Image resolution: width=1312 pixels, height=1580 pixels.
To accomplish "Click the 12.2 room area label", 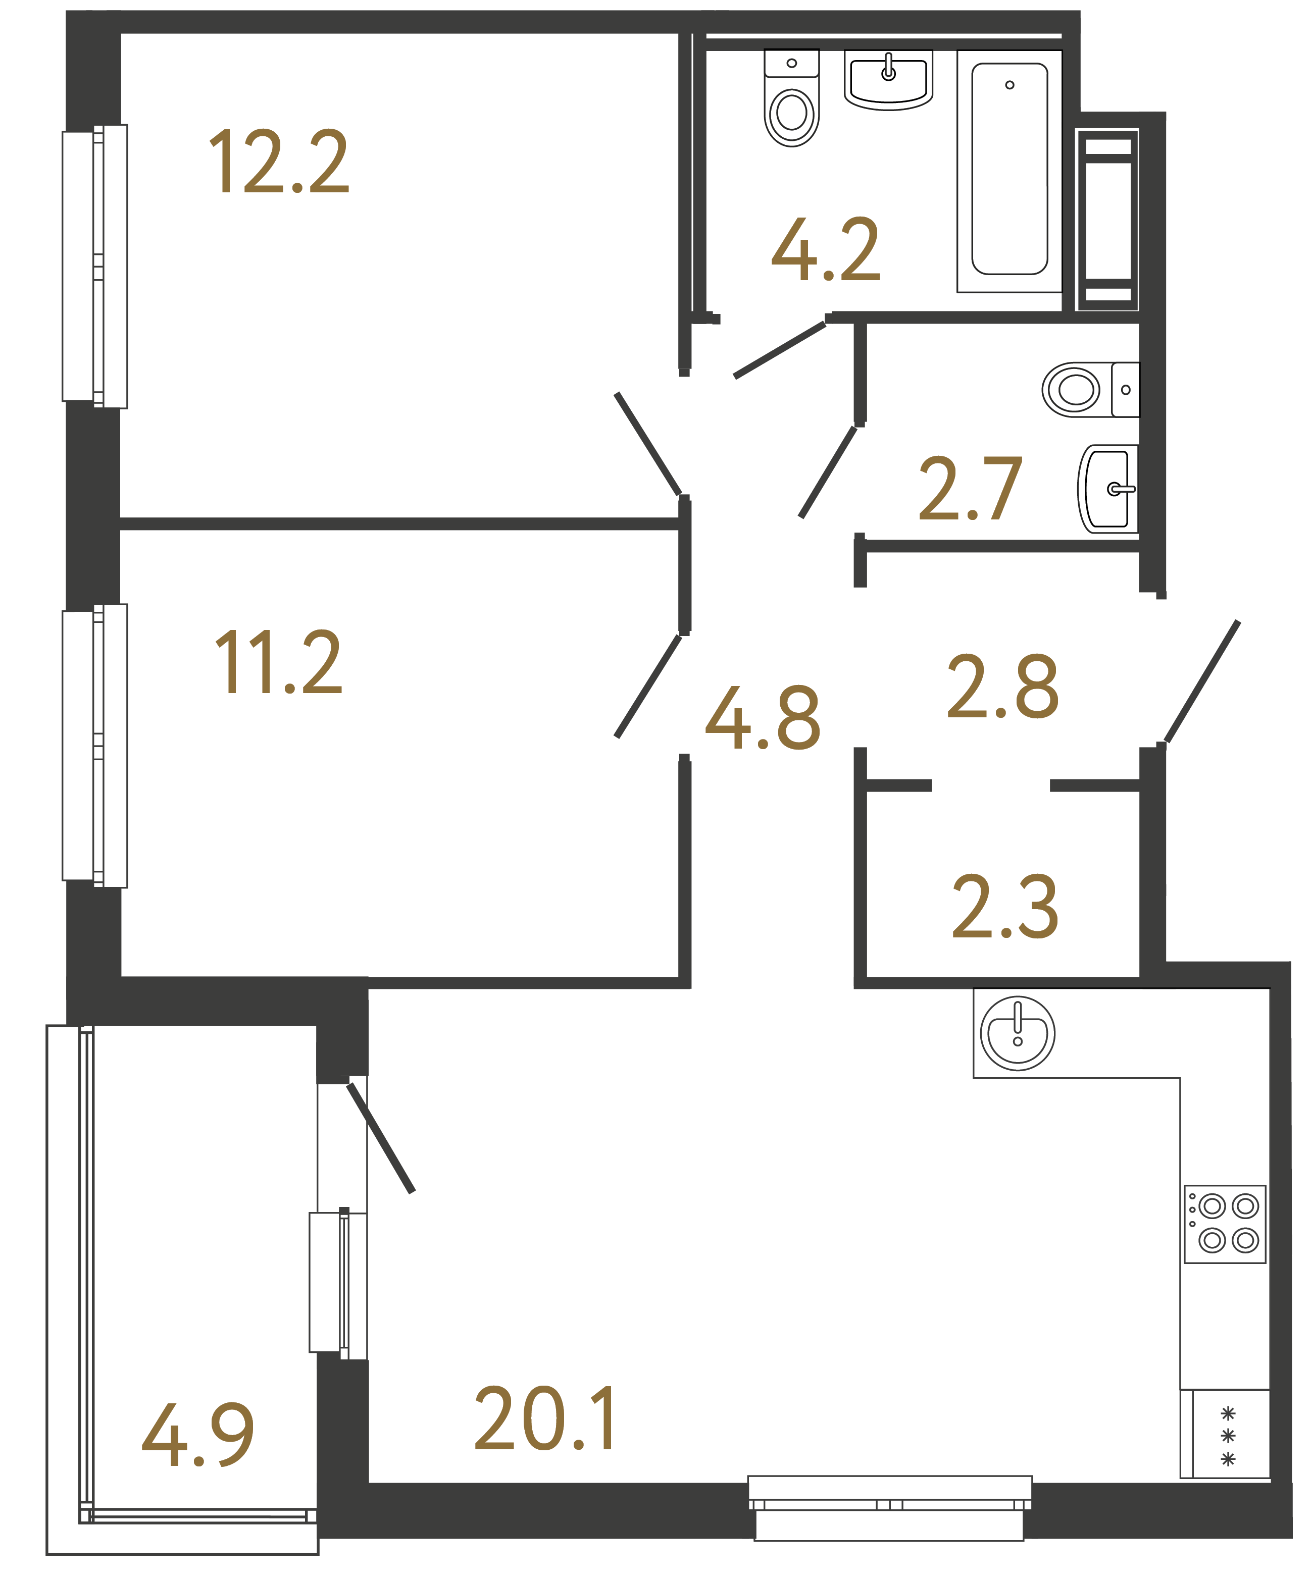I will [278, 161].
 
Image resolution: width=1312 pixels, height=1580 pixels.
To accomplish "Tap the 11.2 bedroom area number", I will [278, 662].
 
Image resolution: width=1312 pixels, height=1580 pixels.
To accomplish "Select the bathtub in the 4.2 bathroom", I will [1010, 169].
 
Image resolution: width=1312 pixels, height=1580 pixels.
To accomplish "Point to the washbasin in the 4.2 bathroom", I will [888, 79].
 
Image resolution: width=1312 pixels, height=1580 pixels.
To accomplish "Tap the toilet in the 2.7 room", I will [1089, 390].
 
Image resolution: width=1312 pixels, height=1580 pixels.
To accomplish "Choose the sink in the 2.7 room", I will [1108, 489].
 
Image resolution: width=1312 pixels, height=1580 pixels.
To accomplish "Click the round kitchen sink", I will [1017, 1033].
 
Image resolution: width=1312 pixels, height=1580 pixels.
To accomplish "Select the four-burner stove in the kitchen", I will [1224, 1224].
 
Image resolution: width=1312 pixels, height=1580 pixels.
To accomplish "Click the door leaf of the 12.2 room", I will [648, 445].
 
